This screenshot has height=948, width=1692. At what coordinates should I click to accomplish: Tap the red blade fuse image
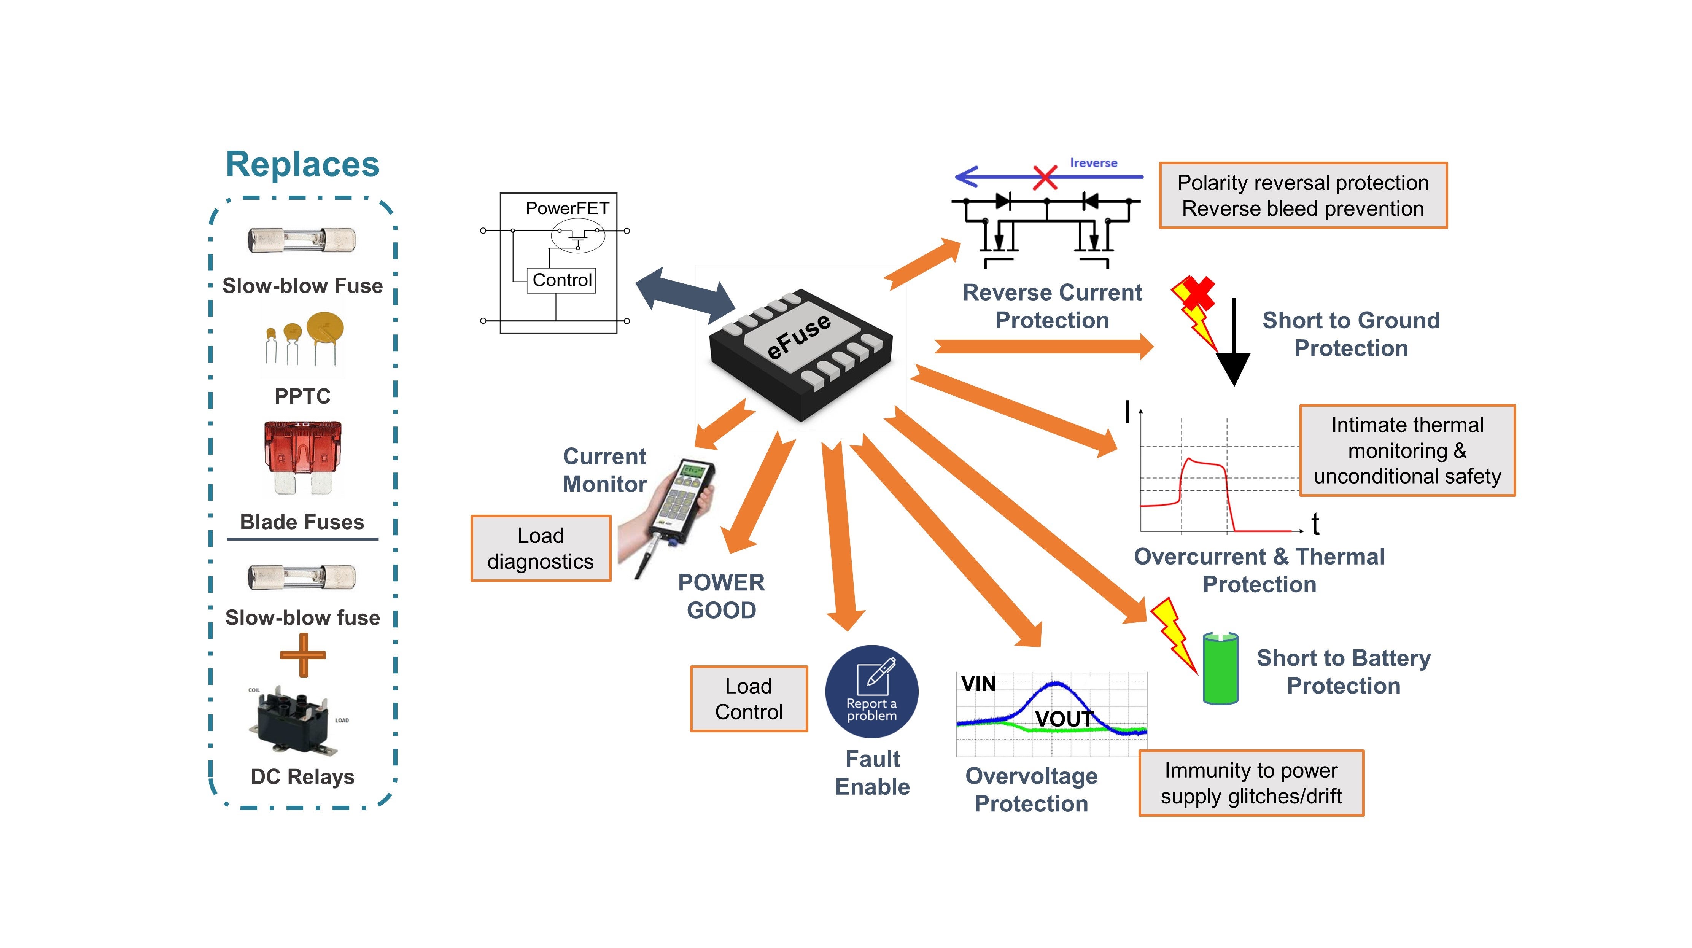pyautogui.click(x=303, y=456)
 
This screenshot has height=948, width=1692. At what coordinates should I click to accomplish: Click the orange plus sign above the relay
pyautogui.click(x=303, y=655)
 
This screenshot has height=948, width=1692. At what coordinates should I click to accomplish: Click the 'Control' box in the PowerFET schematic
pyautogui.click(x=561, y=280)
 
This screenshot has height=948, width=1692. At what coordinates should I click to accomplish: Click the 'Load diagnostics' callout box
pyautogui.click(x=541, y=549)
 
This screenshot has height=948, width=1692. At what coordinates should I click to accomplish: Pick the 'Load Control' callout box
pyautogui.click(x=749, y=699)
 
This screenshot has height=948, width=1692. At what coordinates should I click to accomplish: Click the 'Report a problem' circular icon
pyautogui.click(x=871, y=692)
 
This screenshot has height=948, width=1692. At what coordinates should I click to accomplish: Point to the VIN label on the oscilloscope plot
pyautogui.click(x=978, y=684)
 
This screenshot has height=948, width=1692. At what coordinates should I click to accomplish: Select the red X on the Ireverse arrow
pyautogui.click(x=1044, y=177)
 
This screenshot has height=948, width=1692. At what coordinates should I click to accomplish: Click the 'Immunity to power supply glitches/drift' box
pyautogui.click(x=1251, y=783)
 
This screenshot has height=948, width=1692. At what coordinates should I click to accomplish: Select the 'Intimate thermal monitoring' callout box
pyautogui.click(x=1407, y=451)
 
